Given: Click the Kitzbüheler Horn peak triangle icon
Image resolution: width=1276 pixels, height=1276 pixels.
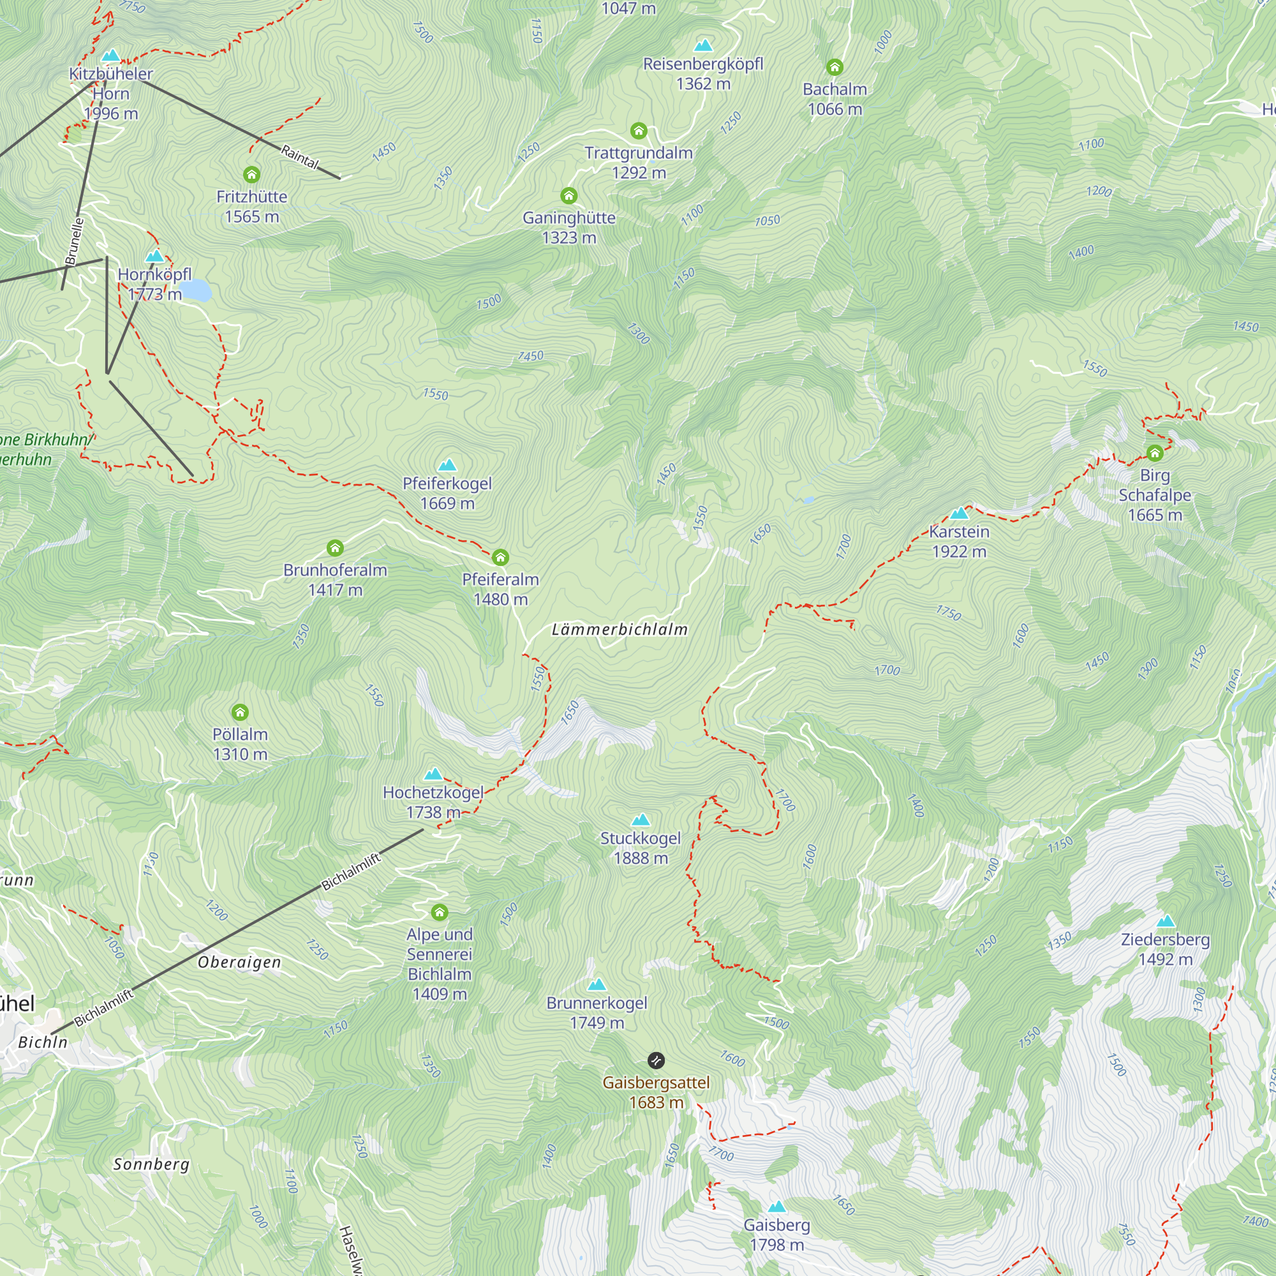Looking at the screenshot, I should tap(111, 56).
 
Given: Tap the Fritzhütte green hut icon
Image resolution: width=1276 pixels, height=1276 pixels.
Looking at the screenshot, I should tap(251, 174).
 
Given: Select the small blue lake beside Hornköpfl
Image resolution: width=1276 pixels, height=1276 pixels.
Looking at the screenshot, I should tap(196, 290).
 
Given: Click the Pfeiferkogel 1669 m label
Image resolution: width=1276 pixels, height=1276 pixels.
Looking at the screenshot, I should tap(447, 493).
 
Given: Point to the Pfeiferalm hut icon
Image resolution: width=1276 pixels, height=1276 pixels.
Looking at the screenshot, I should tap(501, 558).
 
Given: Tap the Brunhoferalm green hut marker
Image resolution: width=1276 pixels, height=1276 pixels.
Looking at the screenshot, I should tap(335, 547).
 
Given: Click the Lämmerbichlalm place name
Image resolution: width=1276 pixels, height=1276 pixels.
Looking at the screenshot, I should tap(619, 630).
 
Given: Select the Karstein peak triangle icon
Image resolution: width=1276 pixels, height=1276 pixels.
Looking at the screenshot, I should tap(959, 513).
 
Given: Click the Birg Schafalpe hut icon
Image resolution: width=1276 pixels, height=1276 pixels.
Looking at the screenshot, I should tap(1155, 453).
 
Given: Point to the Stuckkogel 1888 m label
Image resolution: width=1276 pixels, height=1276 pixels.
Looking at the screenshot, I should tap(640, 847).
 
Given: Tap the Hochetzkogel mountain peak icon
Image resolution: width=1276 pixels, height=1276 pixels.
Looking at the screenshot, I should tap(433, 773).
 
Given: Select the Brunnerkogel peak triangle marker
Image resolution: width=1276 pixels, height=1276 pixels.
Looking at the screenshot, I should tap(597, 984).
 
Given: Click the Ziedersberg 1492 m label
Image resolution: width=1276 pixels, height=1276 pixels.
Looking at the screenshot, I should tap(1165, 949).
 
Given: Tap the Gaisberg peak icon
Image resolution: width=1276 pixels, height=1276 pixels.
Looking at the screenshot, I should tap(776, 1206).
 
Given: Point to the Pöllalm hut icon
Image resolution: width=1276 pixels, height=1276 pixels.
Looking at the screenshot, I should tap(240, 712).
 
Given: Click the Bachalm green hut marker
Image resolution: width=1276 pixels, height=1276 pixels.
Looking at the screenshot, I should tap(835, 67).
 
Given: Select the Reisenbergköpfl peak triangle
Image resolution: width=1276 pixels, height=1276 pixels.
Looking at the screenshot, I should tap(703, 45).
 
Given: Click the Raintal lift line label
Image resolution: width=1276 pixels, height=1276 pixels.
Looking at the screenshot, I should tap(300, 156).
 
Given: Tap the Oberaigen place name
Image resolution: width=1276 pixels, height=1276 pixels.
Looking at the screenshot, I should tap(239, 962).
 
